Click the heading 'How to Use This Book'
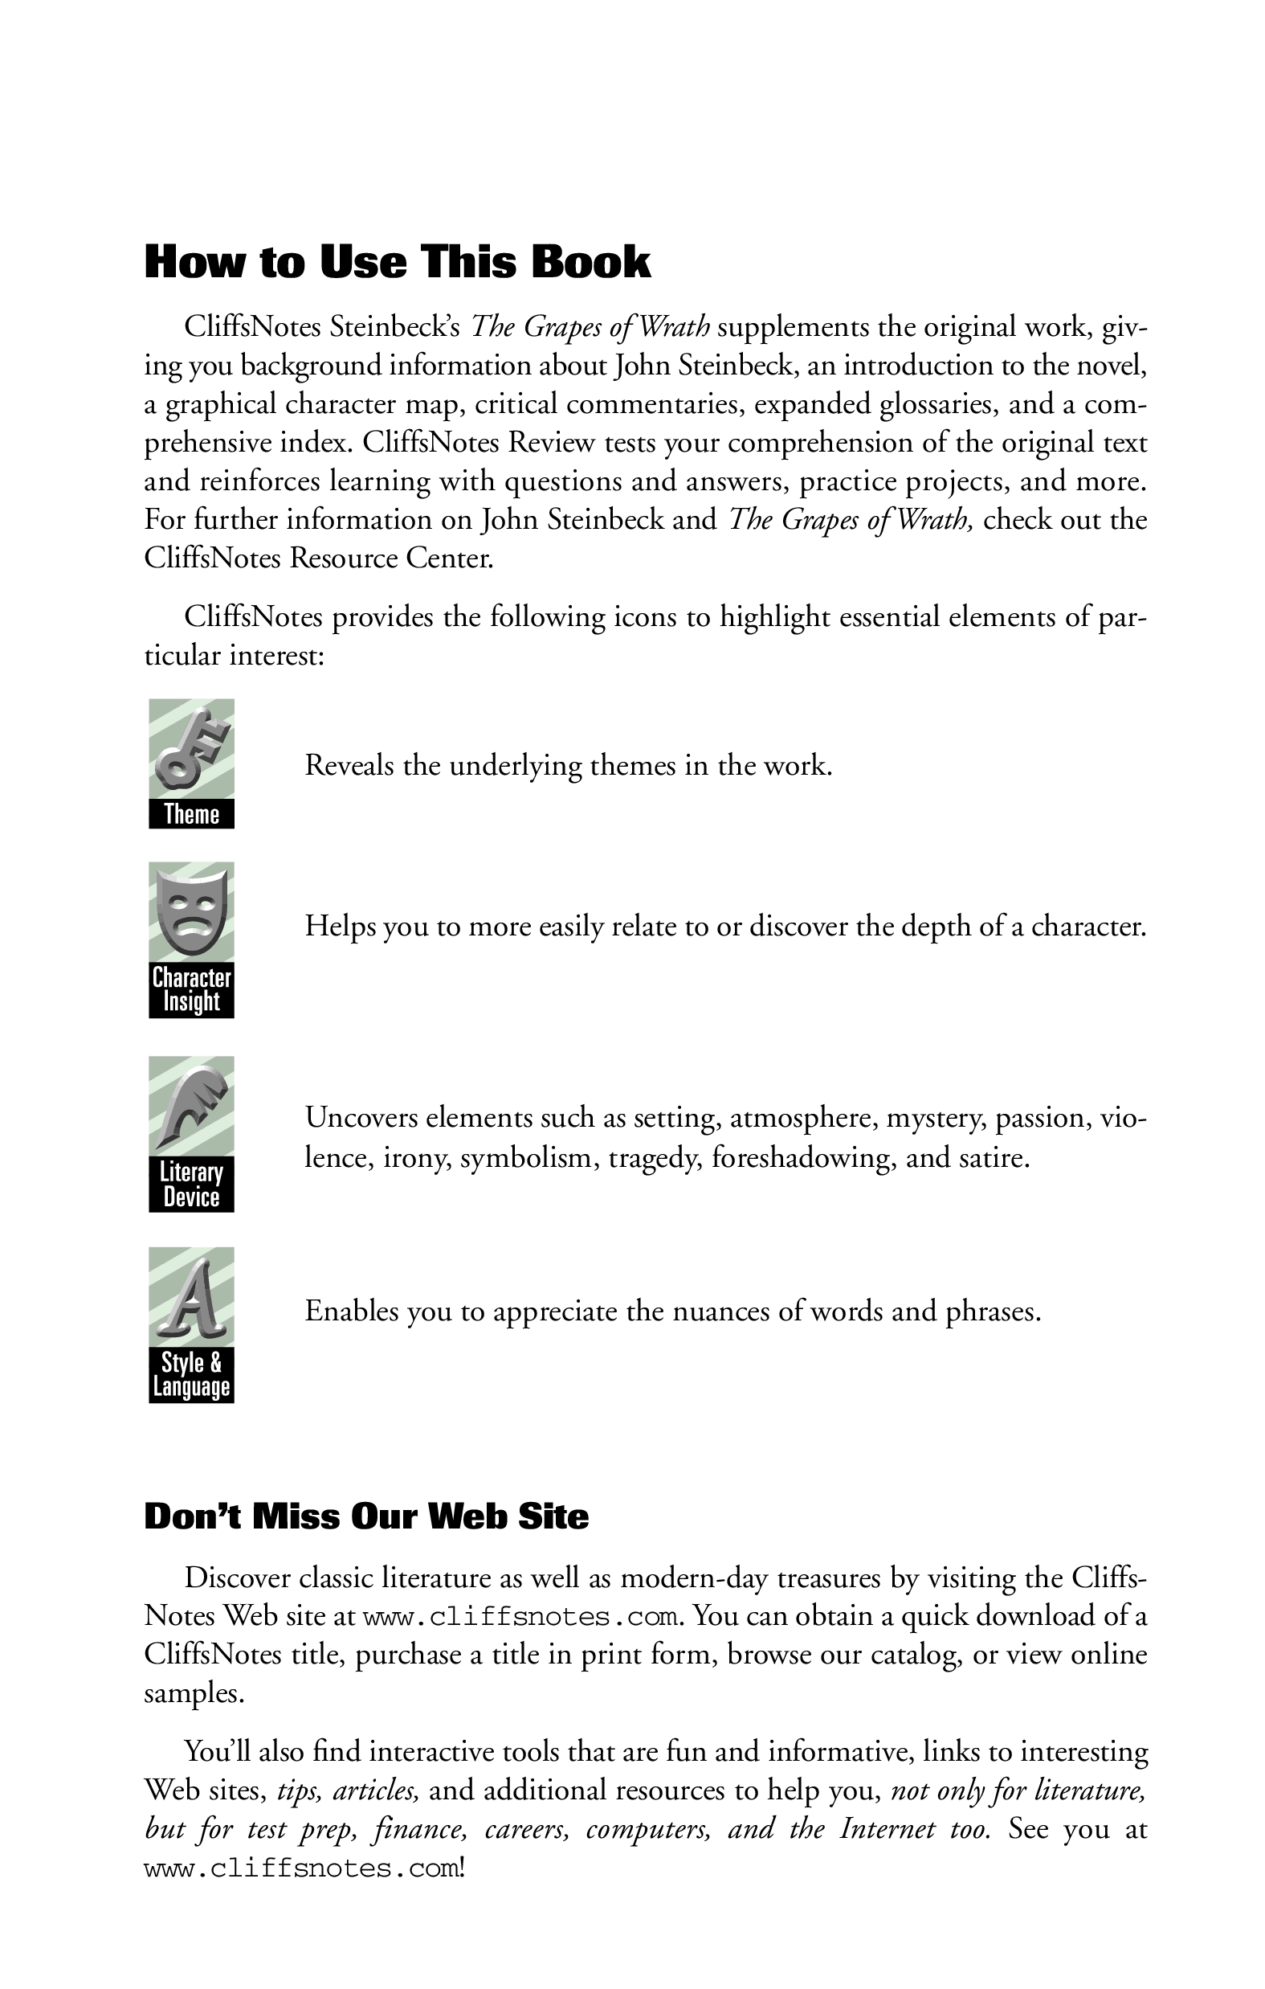point(398,262)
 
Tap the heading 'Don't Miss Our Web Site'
point(365,1517)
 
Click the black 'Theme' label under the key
point(192,814)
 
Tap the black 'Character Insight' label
point(192,989)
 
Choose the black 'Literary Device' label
point(192,1185)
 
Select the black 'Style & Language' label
point(192,1375)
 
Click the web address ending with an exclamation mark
point(301,1868)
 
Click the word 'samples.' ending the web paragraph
point(194,1693)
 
